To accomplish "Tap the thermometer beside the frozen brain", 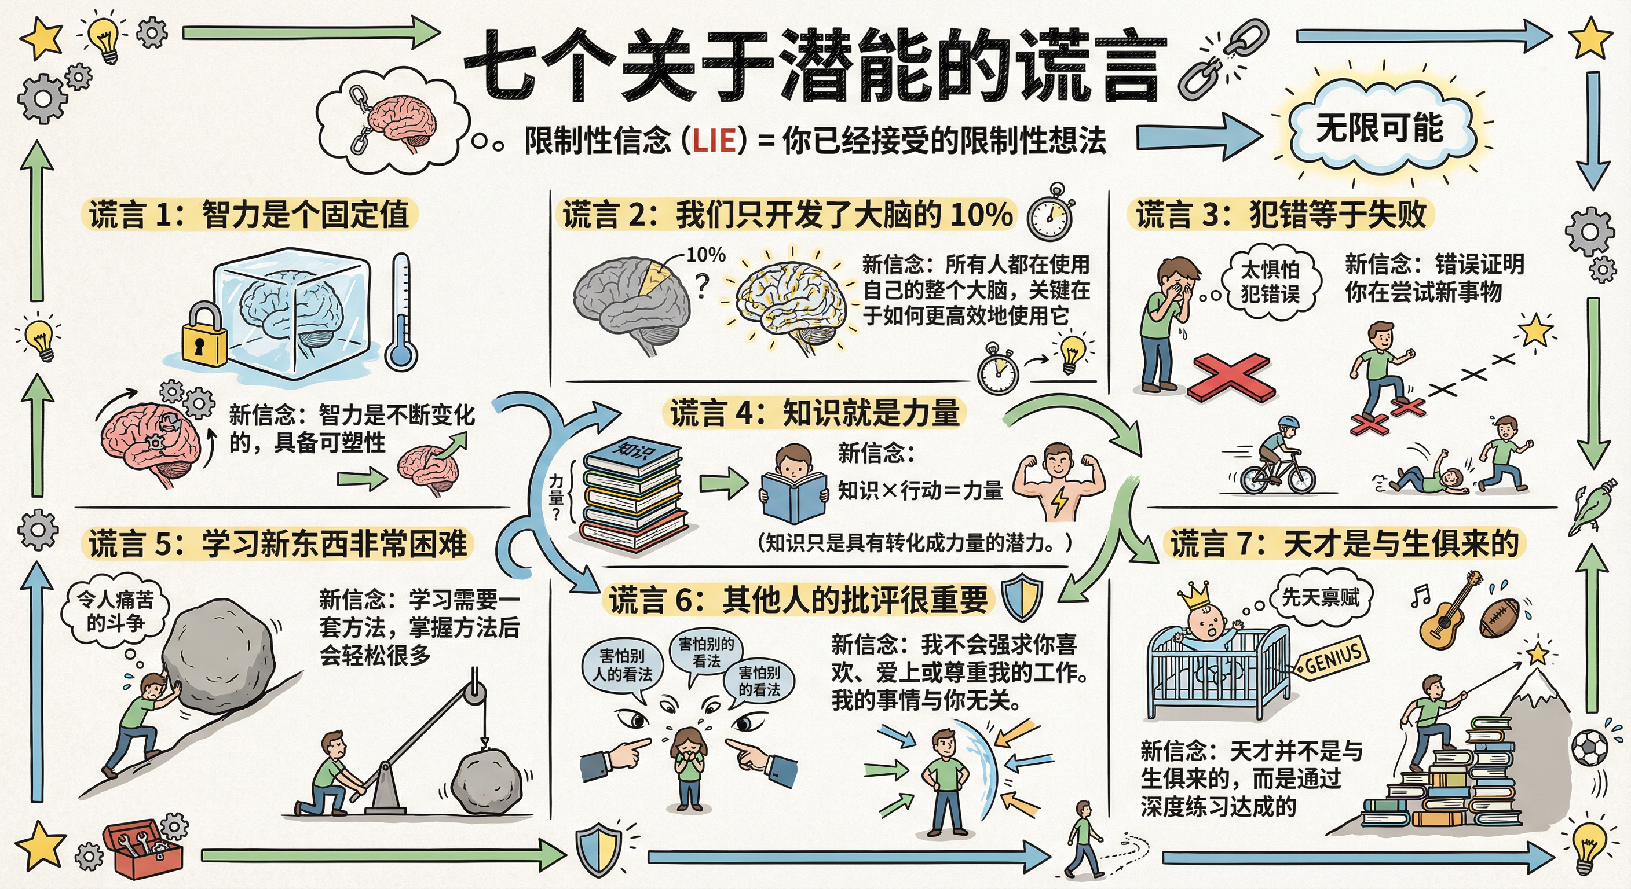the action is click(x=402, y=313).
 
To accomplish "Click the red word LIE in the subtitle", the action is click(x=714, y=141).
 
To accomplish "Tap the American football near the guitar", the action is click(x=1499, y=618).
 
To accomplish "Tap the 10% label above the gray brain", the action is click(x=705, y=255).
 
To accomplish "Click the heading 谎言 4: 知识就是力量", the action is click(x=814, y=413).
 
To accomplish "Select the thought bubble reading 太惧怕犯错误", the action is click(x=1270, y=282).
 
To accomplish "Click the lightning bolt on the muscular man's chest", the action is click(x=1059, y=500).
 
